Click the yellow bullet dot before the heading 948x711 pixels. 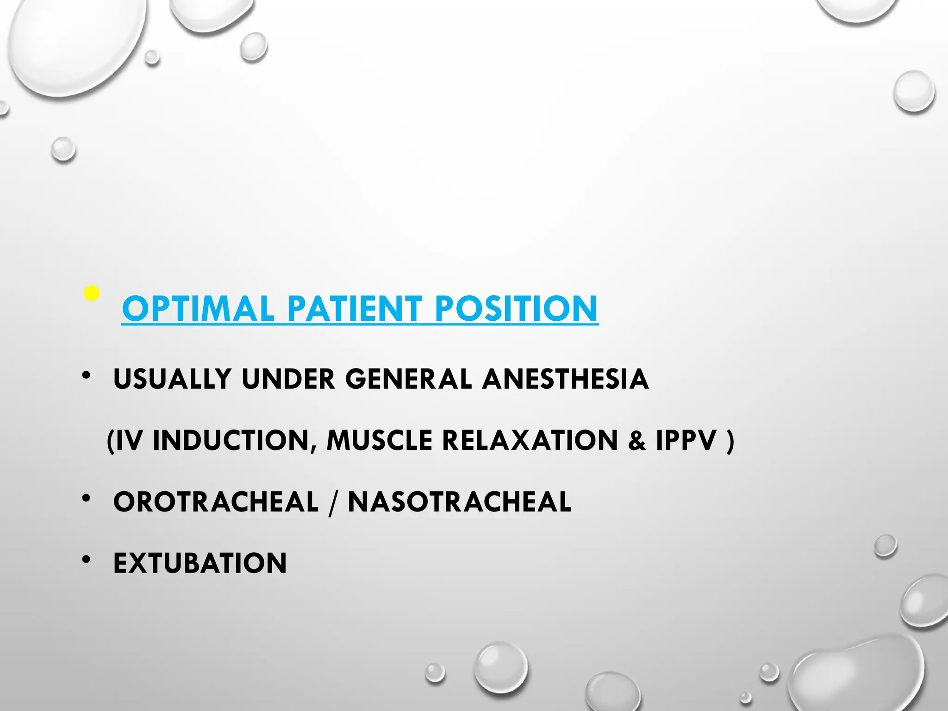click(92, 293)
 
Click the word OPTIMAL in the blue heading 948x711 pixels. click(198, 309)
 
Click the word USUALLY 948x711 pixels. click(172, 379)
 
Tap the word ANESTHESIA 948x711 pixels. click(565, 379)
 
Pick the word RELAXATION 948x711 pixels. click(530, 440)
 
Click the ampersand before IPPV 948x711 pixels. click(637, 440)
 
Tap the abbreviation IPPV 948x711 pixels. click(686, 440)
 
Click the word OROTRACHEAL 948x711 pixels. click(216, 502)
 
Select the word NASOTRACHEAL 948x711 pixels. click(460, 502)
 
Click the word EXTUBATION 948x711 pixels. click(200, 563)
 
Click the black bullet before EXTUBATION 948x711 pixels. click(86, 560)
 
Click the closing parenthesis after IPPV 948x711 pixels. click(730, 441)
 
